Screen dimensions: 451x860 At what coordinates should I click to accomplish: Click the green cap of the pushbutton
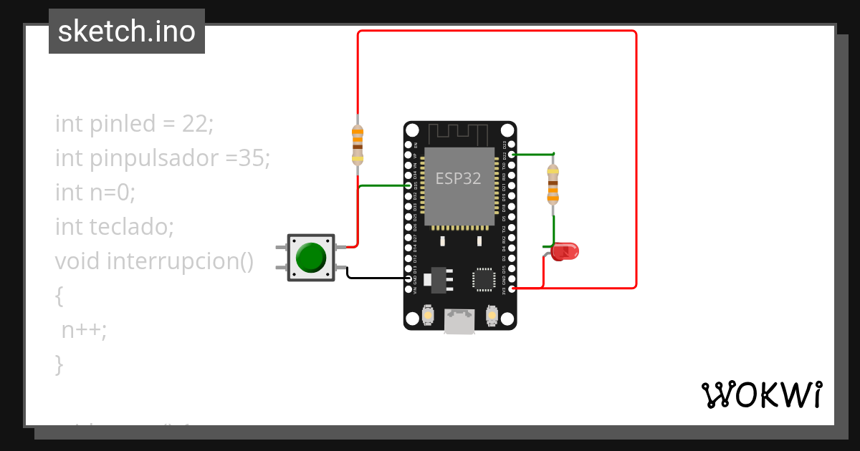point(311,258)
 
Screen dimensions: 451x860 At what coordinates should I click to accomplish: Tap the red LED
point(565,251)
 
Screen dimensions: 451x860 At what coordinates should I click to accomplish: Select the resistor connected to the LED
point(553,184)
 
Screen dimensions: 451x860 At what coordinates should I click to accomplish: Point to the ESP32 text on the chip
point(459,178)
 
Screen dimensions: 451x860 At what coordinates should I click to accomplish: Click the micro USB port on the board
point(459,321)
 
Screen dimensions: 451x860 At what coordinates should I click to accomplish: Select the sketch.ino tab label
point(127,31)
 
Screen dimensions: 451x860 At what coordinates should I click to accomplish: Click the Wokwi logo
point(761,394)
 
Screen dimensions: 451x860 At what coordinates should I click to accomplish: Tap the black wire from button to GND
point(376,277)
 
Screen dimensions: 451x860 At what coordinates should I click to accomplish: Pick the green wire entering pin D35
point(383,186)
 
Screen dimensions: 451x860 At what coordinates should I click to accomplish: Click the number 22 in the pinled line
point(194,124)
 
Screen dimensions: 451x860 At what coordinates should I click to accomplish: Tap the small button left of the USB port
point(428,314)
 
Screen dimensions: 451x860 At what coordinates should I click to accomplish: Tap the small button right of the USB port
point(492,314)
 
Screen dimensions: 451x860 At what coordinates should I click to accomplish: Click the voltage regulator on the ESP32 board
point(437,280)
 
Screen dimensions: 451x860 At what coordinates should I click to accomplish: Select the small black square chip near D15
point(483,279)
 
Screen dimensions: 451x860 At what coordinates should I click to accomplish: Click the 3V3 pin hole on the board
point(512,288)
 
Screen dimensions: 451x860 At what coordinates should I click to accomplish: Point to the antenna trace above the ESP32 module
point(459,133)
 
